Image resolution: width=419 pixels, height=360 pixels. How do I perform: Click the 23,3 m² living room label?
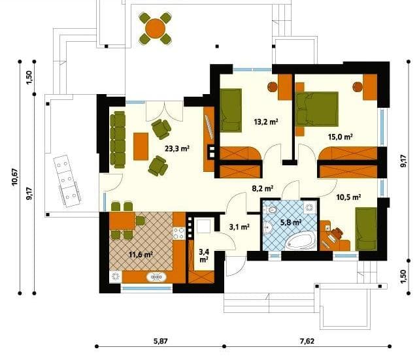click(177, 148)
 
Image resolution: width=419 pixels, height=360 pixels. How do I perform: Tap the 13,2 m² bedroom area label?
click(266, 122)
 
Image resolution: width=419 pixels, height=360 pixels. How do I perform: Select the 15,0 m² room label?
click(340, 137)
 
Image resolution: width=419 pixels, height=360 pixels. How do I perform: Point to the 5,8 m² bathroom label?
click(291, 222)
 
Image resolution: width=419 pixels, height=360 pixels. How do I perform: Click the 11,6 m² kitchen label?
click(141, 254)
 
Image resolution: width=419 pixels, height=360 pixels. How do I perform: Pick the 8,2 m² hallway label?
click(263, 189)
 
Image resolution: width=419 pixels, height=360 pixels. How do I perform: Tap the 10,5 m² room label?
click(348, 197)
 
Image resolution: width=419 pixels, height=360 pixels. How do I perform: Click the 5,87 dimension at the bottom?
click(161, 341)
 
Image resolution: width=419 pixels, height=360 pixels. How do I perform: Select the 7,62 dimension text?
click(307, 341)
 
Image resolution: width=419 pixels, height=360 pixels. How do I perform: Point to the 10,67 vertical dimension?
click(15, 177)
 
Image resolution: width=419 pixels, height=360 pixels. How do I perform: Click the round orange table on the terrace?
click(155, 28)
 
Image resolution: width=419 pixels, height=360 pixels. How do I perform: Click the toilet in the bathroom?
click(271, 209)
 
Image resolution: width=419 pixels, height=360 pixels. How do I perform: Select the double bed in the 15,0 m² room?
click(317, 109)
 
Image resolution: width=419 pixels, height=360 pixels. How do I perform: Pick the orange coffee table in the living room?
click(141, 146)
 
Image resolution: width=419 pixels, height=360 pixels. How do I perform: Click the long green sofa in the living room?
click(118, 140)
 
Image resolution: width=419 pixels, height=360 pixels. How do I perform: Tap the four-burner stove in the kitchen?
click(179, 233)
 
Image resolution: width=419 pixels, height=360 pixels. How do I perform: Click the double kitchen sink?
click(156, 277)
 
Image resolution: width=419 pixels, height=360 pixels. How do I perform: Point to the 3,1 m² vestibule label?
click(239, 227)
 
